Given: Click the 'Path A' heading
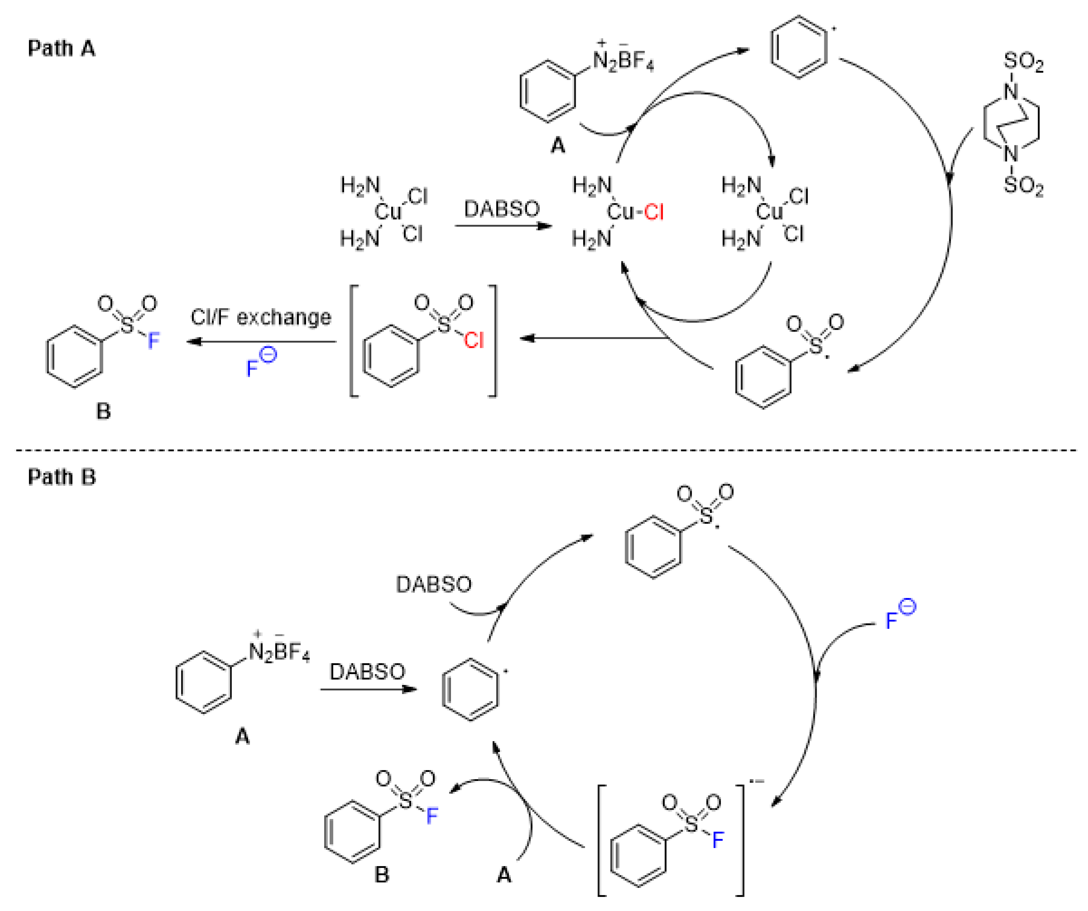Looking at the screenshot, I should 61,48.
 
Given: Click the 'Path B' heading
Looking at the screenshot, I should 62,477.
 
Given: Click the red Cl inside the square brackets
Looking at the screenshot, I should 473,340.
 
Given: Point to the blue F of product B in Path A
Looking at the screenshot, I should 153,340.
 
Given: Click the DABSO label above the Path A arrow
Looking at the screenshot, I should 502,209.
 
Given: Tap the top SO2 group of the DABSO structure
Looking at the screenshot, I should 1023,62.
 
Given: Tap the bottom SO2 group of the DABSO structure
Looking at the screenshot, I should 1023,185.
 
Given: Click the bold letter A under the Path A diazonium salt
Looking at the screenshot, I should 557,146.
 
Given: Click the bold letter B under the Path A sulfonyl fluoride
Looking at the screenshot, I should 104,411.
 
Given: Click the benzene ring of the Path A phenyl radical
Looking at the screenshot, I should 798,48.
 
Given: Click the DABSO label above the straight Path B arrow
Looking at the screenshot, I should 367,672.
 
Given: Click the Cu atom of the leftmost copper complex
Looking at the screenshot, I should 388,212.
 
